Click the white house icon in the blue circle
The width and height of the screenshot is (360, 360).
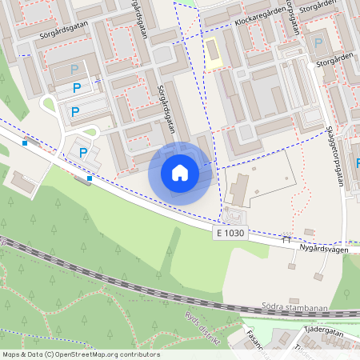(x=179, y=172)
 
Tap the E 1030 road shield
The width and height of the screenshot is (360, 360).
(x=230, y=233)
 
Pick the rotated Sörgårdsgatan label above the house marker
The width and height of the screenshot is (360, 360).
(x=166, y=105)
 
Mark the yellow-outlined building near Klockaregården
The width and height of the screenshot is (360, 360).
(x=212, y=54)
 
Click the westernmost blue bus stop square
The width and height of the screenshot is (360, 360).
(x=26, y=143)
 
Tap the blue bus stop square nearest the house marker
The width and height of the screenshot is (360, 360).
(x=90, y=178)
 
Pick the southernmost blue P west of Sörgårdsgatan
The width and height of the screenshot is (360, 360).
(x=82, y=152)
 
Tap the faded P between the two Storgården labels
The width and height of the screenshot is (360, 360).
(x=319, y=42)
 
